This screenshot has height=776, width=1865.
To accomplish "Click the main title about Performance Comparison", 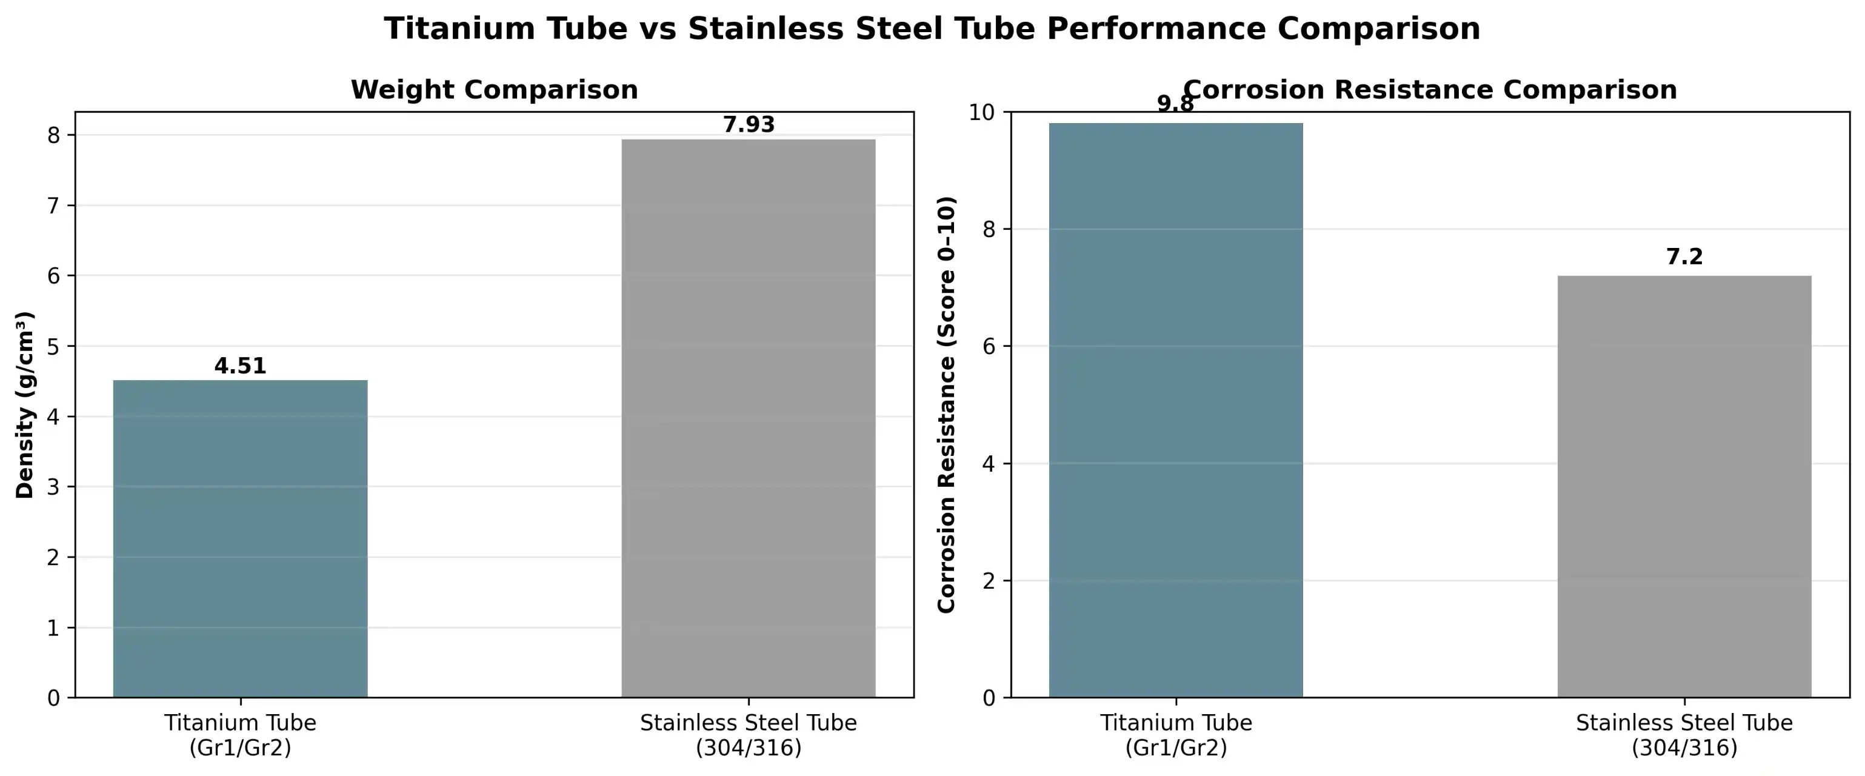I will pos(932,29).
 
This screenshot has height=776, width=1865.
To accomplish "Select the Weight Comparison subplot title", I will pos(495,90).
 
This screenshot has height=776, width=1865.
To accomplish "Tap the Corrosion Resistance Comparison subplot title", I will pos(1430,90).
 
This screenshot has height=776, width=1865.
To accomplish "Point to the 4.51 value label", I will pos(241,366).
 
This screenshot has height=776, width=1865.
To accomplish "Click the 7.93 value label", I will pos(749,125).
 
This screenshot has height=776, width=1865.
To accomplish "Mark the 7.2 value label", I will pos(1684,257).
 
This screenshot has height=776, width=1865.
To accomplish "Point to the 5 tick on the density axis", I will pos(53,346).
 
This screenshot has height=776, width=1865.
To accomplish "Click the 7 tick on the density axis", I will pos(53,206).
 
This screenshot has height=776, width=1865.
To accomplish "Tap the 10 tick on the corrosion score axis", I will pos(982,112).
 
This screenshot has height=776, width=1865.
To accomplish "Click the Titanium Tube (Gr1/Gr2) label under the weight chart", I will pos(241,735).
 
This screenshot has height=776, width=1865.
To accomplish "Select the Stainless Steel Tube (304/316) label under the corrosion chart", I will pos(1684,735).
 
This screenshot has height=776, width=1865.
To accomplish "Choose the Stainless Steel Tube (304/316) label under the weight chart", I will pos(749,735).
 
